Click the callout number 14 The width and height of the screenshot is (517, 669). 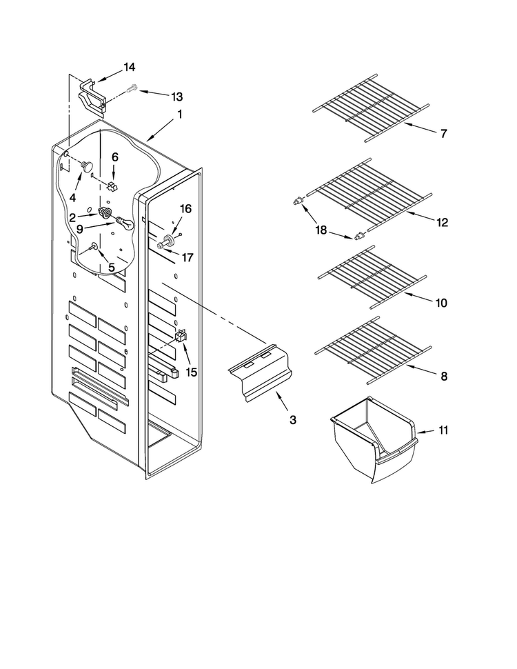pos(130,67)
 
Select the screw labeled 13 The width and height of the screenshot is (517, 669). pos(132,89)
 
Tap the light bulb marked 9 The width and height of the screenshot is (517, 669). pos(123,223)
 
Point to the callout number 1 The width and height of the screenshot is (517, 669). pos(180,114)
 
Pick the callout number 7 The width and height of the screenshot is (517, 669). pos(444,134)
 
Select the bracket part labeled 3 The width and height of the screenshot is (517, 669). pos(261,372)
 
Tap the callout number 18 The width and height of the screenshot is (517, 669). pos(321,230)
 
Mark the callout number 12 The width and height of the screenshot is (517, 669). pos(443,222)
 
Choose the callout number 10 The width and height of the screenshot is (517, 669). pos(441,303)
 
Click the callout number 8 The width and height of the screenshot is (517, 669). pos(444,377)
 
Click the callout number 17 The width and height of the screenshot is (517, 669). pos(187,257)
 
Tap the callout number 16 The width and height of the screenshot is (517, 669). pos(185,209)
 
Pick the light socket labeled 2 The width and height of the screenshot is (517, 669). pos(105,211)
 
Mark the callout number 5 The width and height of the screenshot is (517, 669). pos(112,268)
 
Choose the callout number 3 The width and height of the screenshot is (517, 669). pos(293,420)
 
